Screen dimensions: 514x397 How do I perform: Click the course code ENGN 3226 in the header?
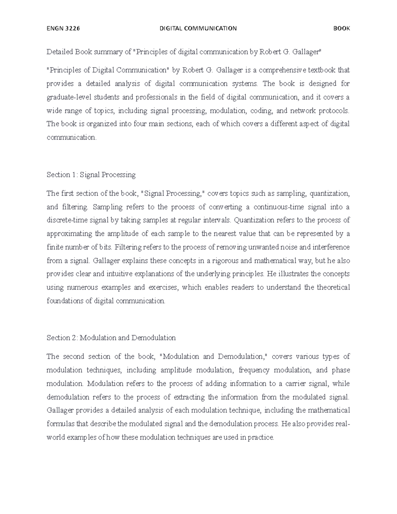coord(63,28)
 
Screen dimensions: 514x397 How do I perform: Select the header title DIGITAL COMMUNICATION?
coord(198,28)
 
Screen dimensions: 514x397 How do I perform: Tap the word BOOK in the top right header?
coord(341,28)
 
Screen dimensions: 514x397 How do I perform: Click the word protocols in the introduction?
coord(334,111)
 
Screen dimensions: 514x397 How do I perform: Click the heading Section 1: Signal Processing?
coord(91,175)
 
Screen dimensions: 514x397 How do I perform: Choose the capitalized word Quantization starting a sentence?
coord(254,220)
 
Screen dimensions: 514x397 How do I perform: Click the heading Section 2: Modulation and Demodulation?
coord(111,338)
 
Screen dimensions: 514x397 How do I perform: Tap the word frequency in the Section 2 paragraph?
coord(254,370)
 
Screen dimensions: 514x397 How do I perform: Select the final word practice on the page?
coord(261,438)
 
